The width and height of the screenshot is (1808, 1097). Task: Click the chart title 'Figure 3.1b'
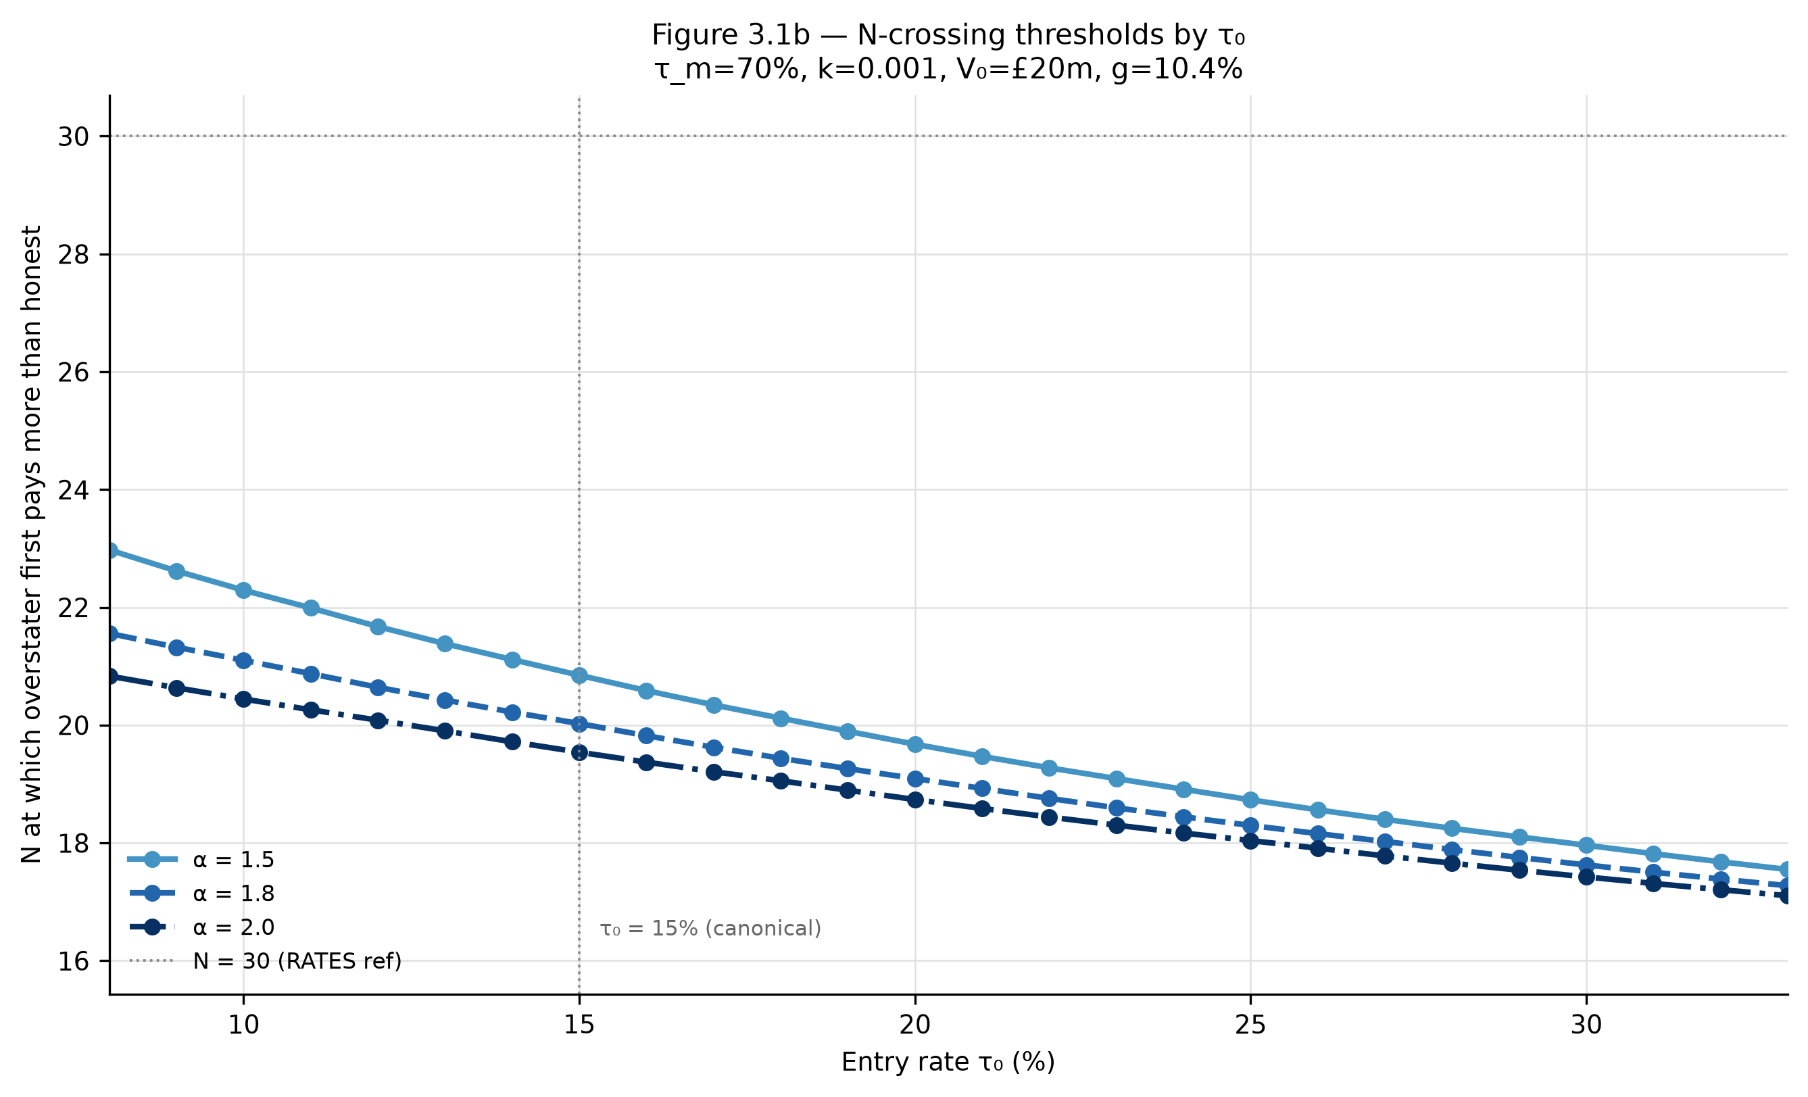731,35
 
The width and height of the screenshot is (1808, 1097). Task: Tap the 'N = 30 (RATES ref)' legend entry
265,961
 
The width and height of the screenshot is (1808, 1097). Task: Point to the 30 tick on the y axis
74,137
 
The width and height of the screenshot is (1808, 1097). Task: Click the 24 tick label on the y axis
74,490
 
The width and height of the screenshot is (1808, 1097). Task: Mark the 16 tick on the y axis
74,961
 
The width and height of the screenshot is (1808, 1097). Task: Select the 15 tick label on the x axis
579,1025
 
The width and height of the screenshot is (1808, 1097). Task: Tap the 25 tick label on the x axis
1250,1025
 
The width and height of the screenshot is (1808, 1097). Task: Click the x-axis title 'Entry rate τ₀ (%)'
948,1063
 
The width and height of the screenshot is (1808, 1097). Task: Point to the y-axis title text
32,545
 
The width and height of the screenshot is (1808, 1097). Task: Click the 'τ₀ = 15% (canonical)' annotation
710,929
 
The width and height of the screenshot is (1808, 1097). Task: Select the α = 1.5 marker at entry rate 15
579,675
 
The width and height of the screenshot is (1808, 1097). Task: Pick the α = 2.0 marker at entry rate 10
243,700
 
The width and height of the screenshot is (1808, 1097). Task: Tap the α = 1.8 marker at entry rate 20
915,779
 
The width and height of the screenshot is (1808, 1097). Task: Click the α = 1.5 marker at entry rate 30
1586,846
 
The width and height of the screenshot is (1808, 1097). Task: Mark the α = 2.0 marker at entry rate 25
1250,841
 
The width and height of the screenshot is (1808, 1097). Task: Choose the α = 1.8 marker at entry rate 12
378,687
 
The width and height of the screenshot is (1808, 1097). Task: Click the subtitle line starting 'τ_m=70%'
948,70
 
